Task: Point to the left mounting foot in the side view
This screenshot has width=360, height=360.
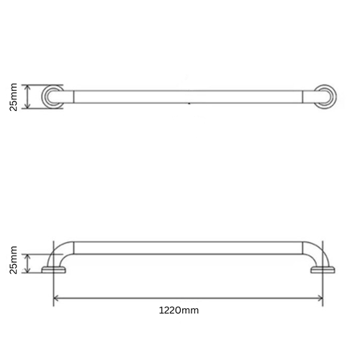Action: pyautogui.click(x=55, y=271)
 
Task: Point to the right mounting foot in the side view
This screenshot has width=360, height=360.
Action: pyautogui.click(x=322, y=271)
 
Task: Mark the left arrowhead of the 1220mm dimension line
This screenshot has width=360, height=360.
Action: pyautogui.click(x=57, y=297)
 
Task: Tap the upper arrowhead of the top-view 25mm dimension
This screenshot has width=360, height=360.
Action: pyautogui.click(x=27, y=86)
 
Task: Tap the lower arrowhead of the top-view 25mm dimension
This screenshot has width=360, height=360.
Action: pyautogui.click(x=27, y=107)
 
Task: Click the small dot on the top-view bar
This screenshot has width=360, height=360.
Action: pyautogui.click(x=189, y=104)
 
